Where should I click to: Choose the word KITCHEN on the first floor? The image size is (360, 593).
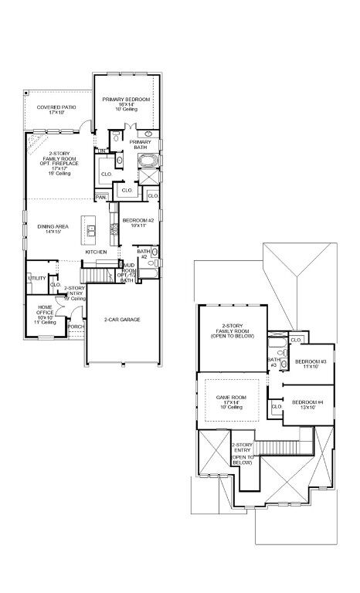click(96, 252)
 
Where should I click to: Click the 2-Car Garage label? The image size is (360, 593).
click(122, 319)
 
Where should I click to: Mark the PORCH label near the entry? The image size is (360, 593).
click(76, 327)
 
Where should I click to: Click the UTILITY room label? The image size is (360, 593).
click(36, 278)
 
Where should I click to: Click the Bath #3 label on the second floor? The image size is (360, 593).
click(273, 362)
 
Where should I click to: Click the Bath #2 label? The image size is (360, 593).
click(142, 253)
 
